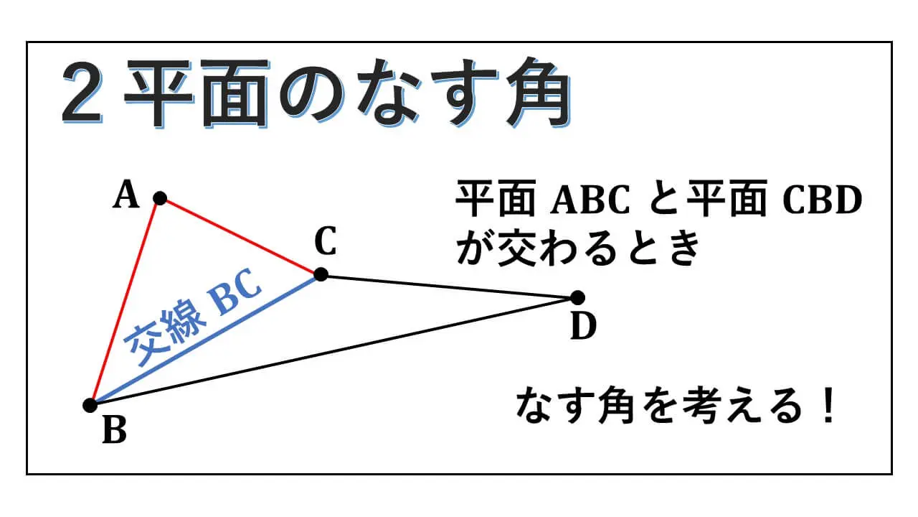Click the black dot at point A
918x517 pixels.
[x=160, y=197]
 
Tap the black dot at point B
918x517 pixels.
[x=90, y=405]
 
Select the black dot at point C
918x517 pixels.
[x=321, y=274]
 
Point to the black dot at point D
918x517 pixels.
[x=577, y=297]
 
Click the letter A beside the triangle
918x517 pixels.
[x=126, y=195]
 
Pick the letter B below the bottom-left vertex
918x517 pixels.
[x=114, y=431]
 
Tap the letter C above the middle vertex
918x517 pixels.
[x=325, y=243]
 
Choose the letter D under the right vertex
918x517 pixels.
[x=583, y=327]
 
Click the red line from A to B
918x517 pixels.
[x=125, y=302]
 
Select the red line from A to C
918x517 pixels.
[x=240, y=236]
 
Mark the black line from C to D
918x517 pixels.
[x=449, y=286]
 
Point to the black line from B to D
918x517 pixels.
[x=333, y=351]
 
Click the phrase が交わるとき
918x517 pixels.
[x=577, y=249]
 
